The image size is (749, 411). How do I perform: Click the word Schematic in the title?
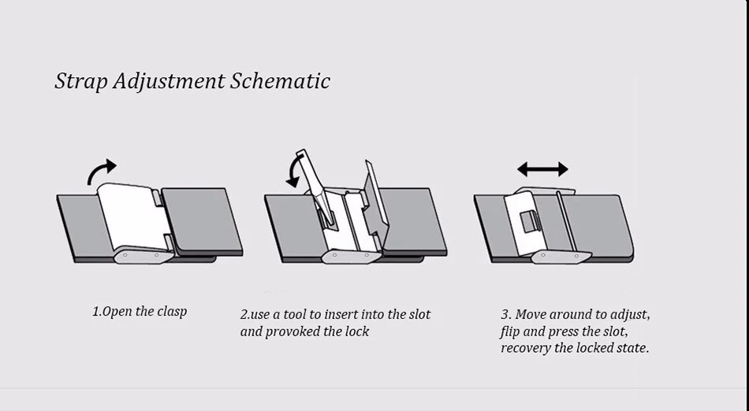pyautogui.click(x=280, y=81)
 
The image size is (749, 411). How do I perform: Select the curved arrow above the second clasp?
pyautogui.click(x=295, y=170)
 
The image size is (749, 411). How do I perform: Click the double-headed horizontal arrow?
pyautogui.click(x=542, y=169)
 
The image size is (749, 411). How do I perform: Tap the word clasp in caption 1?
pyautogui.click(x=171, y=311)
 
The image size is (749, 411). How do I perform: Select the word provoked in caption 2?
pyautogui.click(x=293, y=331)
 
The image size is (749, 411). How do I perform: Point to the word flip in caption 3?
pyautogui.click(x=510, y=331)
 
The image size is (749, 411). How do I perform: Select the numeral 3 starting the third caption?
pyautogui.click(x=505, y=314)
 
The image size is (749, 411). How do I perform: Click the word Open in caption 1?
pyautogui.click(x=117, y=311)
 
